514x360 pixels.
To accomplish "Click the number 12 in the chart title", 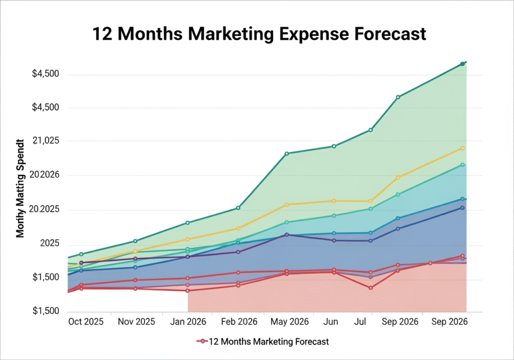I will (x=103, y=34).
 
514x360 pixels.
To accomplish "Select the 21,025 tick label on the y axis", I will (x=46, y=141).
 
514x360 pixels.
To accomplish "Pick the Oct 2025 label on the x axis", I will (x=85, y=322).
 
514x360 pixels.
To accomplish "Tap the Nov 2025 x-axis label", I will (x=136, y=322).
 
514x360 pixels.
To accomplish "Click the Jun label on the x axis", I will (x=332, y=322).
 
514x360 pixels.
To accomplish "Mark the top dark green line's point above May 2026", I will (x=287, y=154).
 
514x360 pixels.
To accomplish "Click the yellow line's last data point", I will (x=463, y=148).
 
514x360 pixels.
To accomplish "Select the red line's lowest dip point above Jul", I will (x=370, y=288).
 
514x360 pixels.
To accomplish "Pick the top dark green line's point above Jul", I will (x=370, y=130).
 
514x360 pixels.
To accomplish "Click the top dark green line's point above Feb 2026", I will (x=238, y=208).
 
